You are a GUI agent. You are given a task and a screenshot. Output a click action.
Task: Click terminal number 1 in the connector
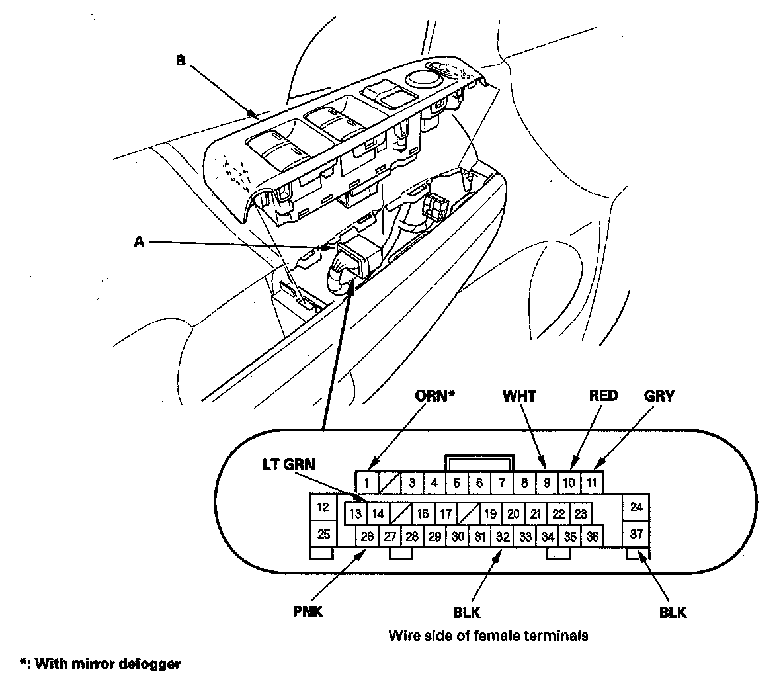coord(367,482)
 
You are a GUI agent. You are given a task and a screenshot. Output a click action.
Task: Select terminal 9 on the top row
coord(547,482)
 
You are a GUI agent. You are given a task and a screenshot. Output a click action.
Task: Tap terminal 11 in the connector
coord(592,482)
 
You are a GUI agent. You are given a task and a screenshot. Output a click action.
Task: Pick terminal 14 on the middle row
coord(378,513)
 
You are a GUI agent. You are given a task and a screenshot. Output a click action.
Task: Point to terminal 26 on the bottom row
coord(367,537)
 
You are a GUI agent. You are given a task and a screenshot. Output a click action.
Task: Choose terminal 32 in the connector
coord(503,537)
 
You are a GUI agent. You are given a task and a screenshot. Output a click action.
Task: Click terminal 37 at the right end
coord(637,535)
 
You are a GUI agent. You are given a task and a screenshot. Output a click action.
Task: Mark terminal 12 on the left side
coord(323,508)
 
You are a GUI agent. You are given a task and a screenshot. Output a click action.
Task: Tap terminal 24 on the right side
coord(637,507)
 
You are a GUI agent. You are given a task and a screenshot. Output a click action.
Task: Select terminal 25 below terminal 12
coord(323,534)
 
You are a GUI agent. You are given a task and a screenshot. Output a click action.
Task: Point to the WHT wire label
coord(519,396)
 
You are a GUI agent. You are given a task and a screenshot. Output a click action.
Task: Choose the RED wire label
coord(603,396)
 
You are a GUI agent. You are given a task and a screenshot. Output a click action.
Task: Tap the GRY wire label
coord(659,396)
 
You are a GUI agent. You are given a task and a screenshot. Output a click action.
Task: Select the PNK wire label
coord(308,612)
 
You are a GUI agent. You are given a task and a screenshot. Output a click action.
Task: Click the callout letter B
coord(180,61)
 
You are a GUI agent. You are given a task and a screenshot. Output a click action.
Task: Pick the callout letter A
coord(139,242)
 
